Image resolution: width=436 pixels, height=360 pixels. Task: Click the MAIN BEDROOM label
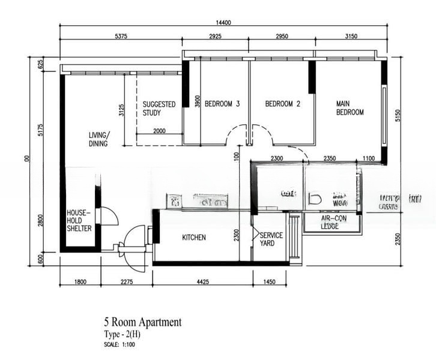click(x=350, y=108)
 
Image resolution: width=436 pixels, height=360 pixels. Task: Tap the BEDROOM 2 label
click(x=282, y=104)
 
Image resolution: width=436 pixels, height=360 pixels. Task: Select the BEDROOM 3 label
click(x=222, y=104)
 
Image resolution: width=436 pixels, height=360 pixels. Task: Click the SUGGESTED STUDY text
click(x=159, y=108)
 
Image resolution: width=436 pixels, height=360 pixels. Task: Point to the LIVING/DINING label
click(x=98, y=139)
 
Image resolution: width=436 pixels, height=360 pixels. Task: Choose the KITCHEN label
click(x=194, y=238)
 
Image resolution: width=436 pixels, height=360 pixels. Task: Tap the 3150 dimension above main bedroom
click(x=351, y=37)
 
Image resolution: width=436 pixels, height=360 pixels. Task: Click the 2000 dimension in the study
click(x=159, y=131)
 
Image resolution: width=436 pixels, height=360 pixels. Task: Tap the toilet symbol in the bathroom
click(x=313, y=199)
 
